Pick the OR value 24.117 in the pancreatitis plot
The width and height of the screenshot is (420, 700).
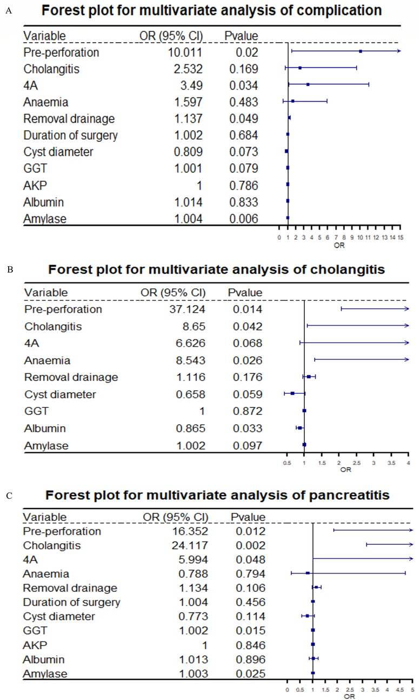pos(189,545)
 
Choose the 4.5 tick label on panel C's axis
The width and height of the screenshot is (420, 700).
pos(401,690)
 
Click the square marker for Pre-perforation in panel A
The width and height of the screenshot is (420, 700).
pos(360,51)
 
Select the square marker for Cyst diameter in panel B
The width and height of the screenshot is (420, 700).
pos(292,393)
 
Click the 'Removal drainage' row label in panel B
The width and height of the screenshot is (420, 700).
pos(71,377)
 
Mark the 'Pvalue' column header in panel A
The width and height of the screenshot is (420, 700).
pos(241,36)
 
